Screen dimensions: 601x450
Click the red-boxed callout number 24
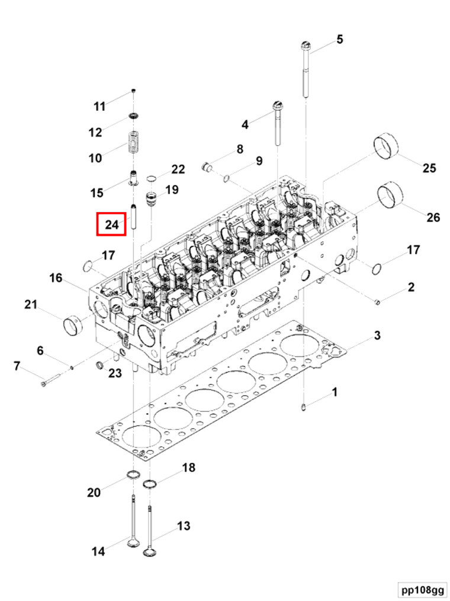[111, 224]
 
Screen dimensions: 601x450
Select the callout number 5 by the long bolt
[339, 39]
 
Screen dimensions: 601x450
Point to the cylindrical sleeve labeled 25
[386, 148]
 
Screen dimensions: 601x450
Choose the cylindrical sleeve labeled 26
[390, 195]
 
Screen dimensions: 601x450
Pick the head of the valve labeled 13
[150, 553]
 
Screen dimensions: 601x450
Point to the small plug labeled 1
[303, 407]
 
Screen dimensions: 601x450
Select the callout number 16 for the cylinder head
[56, 277]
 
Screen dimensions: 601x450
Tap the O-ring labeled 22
[152, 178]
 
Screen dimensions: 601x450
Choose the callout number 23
[114, 373]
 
